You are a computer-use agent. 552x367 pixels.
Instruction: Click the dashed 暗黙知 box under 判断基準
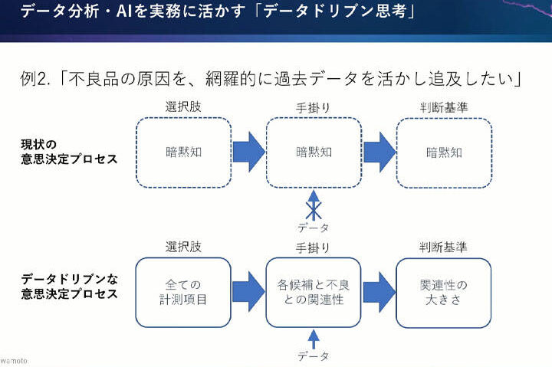click(444, 152)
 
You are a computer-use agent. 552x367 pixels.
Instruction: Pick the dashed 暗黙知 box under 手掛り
click(313, 152)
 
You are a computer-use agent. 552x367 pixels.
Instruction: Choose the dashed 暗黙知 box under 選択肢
click(183, 152)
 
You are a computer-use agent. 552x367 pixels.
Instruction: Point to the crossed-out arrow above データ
click(313, 205)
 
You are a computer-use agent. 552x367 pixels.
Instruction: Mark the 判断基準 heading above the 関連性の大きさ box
click(443, 247)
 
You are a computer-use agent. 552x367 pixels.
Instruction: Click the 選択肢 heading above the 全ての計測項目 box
click(183, 247)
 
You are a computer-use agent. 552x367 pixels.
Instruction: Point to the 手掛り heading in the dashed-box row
click(313, 108)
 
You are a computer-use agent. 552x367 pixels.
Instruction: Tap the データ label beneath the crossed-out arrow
click(313, 228)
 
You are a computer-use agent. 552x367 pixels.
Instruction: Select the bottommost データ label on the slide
click(313, 356)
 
